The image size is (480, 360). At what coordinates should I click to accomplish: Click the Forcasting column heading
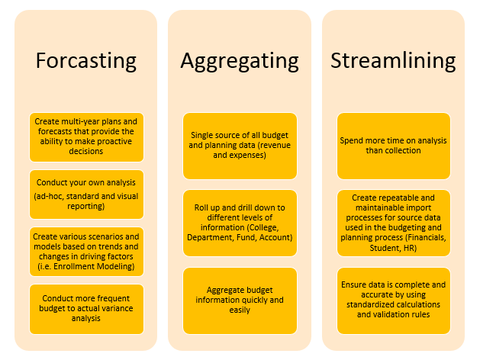(86, 61)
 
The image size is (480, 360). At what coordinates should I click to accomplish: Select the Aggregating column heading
(240, 62)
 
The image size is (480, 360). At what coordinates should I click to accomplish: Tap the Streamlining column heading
(393, 61)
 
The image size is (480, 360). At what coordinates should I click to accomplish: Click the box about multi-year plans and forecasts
(86, 137)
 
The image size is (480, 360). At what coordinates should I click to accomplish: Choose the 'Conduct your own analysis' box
(86, 194)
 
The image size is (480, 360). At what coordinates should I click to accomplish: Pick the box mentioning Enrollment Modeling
(86, 252)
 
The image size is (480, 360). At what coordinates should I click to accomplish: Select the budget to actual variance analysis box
(86, 309)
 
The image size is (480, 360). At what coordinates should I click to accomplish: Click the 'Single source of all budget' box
(240, 146)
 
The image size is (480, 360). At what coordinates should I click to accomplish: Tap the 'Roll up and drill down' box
(240, 223)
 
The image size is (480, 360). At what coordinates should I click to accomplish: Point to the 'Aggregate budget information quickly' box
(240, 301)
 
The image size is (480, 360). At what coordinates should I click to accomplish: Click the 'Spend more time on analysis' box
(393, 146)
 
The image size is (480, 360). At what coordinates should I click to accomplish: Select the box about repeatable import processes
(393, 223)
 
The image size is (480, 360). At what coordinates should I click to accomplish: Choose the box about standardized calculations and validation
(393, 301)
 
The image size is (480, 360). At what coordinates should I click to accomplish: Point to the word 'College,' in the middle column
(264, 227)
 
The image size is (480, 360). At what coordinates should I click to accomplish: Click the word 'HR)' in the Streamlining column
(411, 248)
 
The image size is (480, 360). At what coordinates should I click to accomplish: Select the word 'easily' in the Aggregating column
(240, 310)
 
